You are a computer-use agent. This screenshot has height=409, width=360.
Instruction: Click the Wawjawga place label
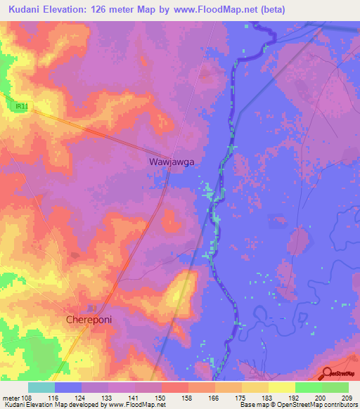[172, 161]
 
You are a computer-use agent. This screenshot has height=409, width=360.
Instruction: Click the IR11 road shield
[22, 106]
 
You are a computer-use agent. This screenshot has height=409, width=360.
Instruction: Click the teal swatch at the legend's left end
[41, 387]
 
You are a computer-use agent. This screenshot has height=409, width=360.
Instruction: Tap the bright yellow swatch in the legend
[281, 387]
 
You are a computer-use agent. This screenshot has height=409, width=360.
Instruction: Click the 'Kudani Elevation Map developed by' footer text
[49, 405]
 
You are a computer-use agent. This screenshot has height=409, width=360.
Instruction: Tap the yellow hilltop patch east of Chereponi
[179, 292]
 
